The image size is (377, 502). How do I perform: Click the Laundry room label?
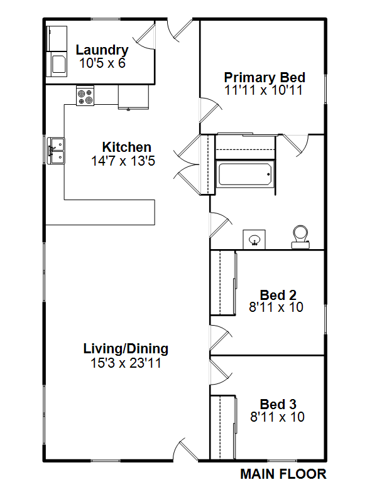(x=102, y=50)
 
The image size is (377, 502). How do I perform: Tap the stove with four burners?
(x=85, y=95)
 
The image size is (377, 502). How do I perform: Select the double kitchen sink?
(x=56, y=151)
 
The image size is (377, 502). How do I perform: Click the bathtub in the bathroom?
(x=245, y=174)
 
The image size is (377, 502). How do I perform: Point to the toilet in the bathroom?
(x=301, y=237)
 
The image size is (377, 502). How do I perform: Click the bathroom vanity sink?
(x=254, y=240)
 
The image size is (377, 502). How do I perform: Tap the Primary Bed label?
(x=265, y=77)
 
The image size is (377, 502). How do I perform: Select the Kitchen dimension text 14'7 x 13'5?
(x=123, y=161)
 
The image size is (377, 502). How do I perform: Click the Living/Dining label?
(x=126, y=349)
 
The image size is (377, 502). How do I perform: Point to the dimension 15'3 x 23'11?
(x=126, y=363)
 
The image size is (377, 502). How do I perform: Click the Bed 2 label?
(x=278, y=295)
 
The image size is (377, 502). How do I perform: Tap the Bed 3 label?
(x=278, y=404)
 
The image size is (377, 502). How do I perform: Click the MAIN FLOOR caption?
(x=283, y=474)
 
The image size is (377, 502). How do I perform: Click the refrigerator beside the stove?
(x=133, y=97)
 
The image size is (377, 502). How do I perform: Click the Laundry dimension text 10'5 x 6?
(x=102, y=63)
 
